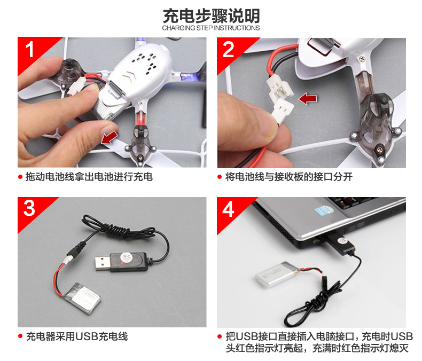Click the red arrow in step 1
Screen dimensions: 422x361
(x=110, y=137)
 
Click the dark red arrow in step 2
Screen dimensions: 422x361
(x=308, y=98)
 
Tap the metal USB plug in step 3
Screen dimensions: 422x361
(x=103, y=263)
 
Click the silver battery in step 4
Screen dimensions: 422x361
(x=277, y=274)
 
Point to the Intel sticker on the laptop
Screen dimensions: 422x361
(x=324, y=210)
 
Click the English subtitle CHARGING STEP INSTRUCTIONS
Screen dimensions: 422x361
(x=210, y=28)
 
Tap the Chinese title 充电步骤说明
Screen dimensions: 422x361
(x=212, y=16)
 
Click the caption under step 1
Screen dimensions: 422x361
(x=89, y=177)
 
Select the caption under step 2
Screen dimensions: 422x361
(x=289, y=177)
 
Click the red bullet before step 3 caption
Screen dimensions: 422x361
(x=20, y=336)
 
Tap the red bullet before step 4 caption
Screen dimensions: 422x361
(x=220, y=336)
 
